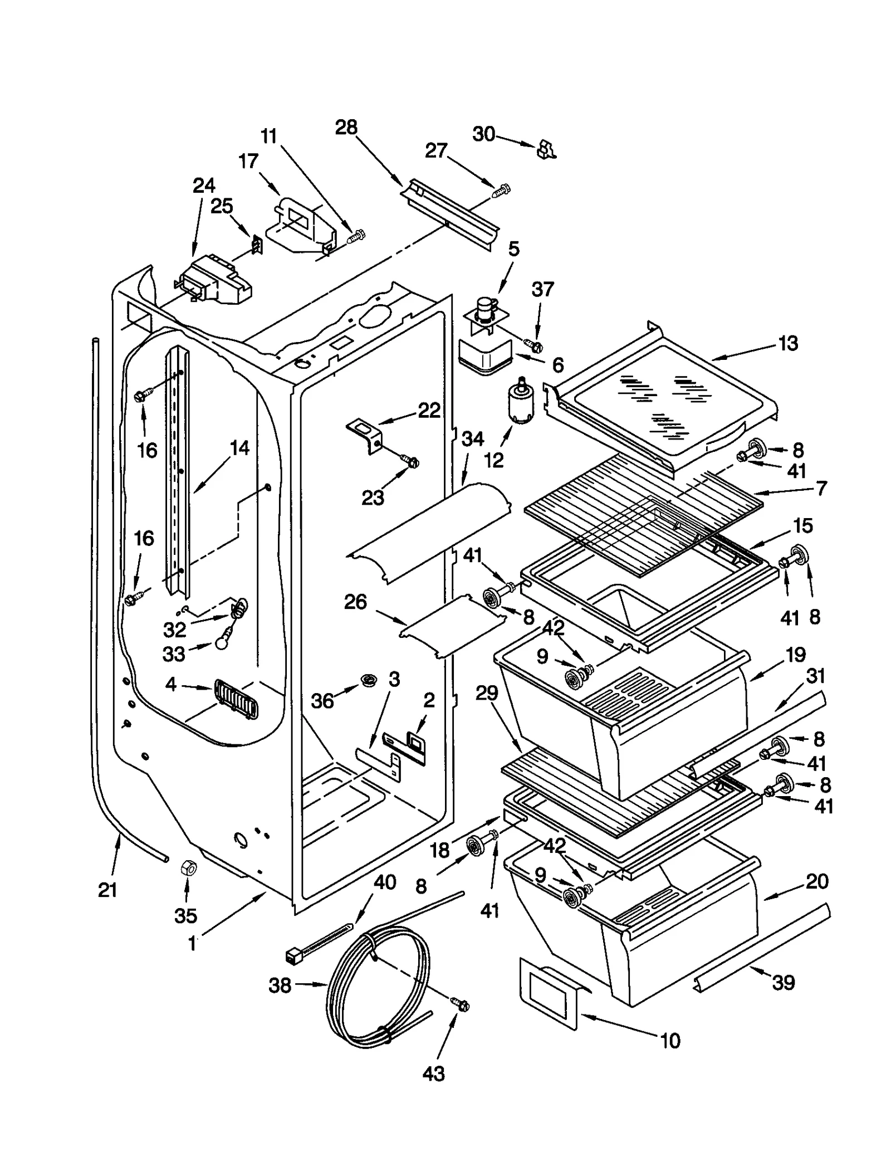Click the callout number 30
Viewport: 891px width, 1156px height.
pyautogui.click(x=483, y=134)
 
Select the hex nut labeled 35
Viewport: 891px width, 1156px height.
pyautogui.click(x=188, y=868)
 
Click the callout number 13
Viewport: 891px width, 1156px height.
pyautogui.click(x=788, y=343)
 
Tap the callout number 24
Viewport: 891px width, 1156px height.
pyautogui.click(x=204, y=186)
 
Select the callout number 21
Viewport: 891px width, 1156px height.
pyautogui.click(x=107, y=890)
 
